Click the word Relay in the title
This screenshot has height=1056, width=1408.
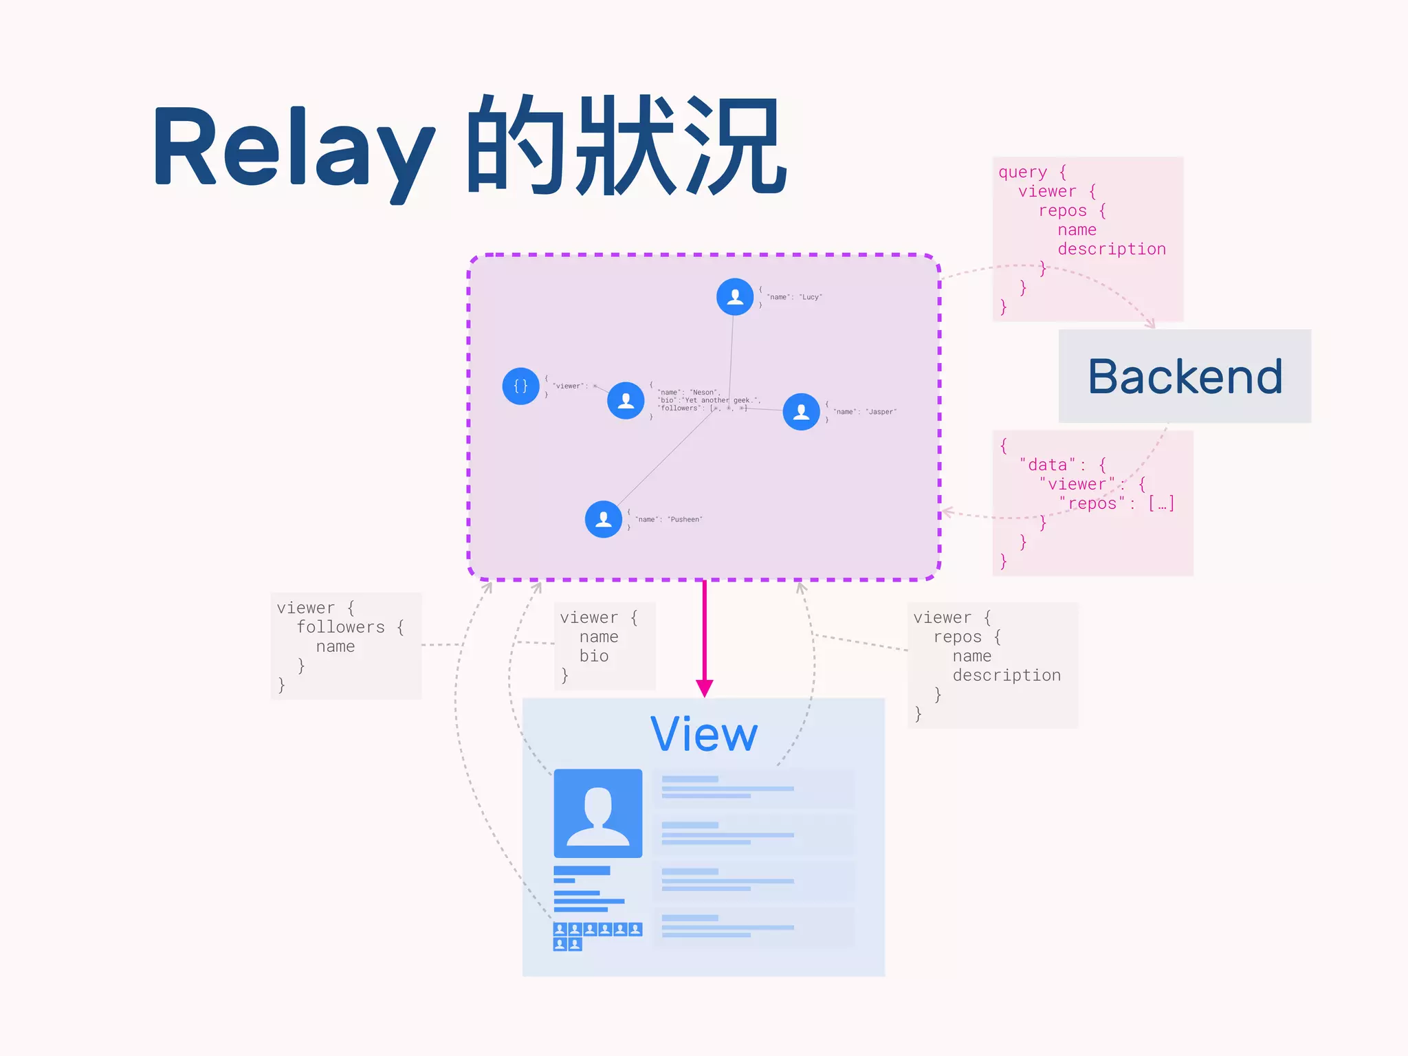pos(292,148)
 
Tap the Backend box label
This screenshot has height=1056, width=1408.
pos(1185,377)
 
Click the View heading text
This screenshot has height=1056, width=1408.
pos(703,735)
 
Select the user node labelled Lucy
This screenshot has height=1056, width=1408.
pos(735,297)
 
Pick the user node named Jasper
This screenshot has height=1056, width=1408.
pos(801,412)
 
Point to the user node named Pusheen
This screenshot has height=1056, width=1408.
pos(604,519)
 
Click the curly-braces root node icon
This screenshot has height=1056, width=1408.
pos(520,386)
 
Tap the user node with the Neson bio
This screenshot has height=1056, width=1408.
pos(626,400)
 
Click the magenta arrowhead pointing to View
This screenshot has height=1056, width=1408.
pos(704,688)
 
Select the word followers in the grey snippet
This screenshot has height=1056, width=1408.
pos(340,627)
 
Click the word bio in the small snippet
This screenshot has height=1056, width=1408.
pos(594,656)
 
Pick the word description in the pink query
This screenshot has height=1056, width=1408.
pos(1111,249)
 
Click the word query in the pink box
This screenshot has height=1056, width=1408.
pos(1023,172)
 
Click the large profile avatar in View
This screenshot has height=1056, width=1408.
pos(598,813)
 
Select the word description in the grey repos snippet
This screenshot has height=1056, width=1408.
pos(1006,675)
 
